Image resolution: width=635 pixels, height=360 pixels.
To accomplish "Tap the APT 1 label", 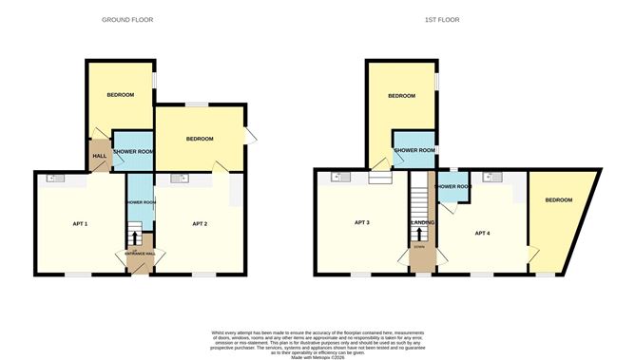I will click(x=80, y=224).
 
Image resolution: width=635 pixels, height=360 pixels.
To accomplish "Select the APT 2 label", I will click(x=200, y=224).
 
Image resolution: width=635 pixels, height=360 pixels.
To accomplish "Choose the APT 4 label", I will click(x=482, y=233).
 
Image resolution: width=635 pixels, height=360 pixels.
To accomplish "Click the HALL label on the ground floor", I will click(x=99, y=157).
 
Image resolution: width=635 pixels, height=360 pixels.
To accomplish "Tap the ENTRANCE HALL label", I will click(x=139, y=254).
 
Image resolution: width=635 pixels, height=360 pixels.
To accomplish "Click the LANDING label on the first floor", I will click(x=422, y=223).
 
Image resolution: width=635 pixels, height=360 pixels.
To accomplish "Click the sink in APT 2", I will click(x=178, y=179).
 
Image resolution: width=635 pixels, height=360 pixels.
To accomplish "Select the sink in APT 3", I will click(x=337, y=177).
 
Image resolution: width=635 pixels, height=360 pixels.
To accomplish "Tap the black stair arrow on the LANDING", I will click(x=419, y=233).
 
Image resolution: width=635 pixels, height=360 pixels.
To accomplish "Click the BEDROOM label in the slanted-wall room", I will click(x=558, y=200).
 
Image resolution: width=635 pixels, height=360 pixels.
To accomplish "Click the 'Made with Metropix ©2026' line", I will click(x=317, y=354).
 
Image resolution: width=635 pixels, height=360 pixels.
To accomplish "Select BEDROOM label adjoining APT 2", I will click(x=199, y=140).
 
